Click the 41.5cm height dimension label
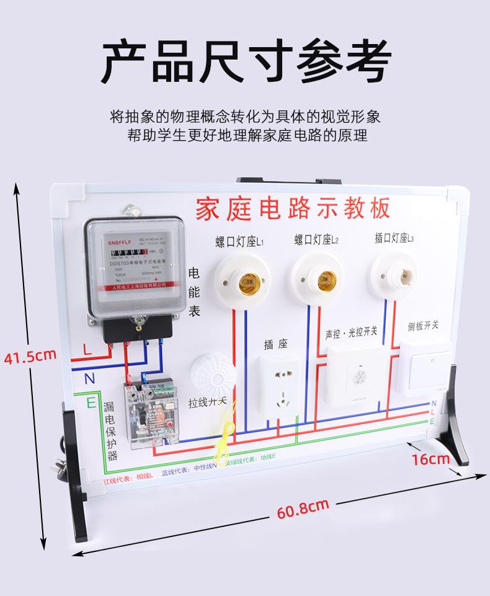(x=30, y=356)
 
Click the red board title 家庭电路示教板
(x=293, y=209)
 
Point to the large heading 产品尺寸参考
(x=246, y=61)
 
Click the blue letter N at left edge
(x=89, y=378)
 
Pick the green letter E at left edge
(x=91, y=403)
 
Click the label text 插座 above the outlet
(x=275, y=344)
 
